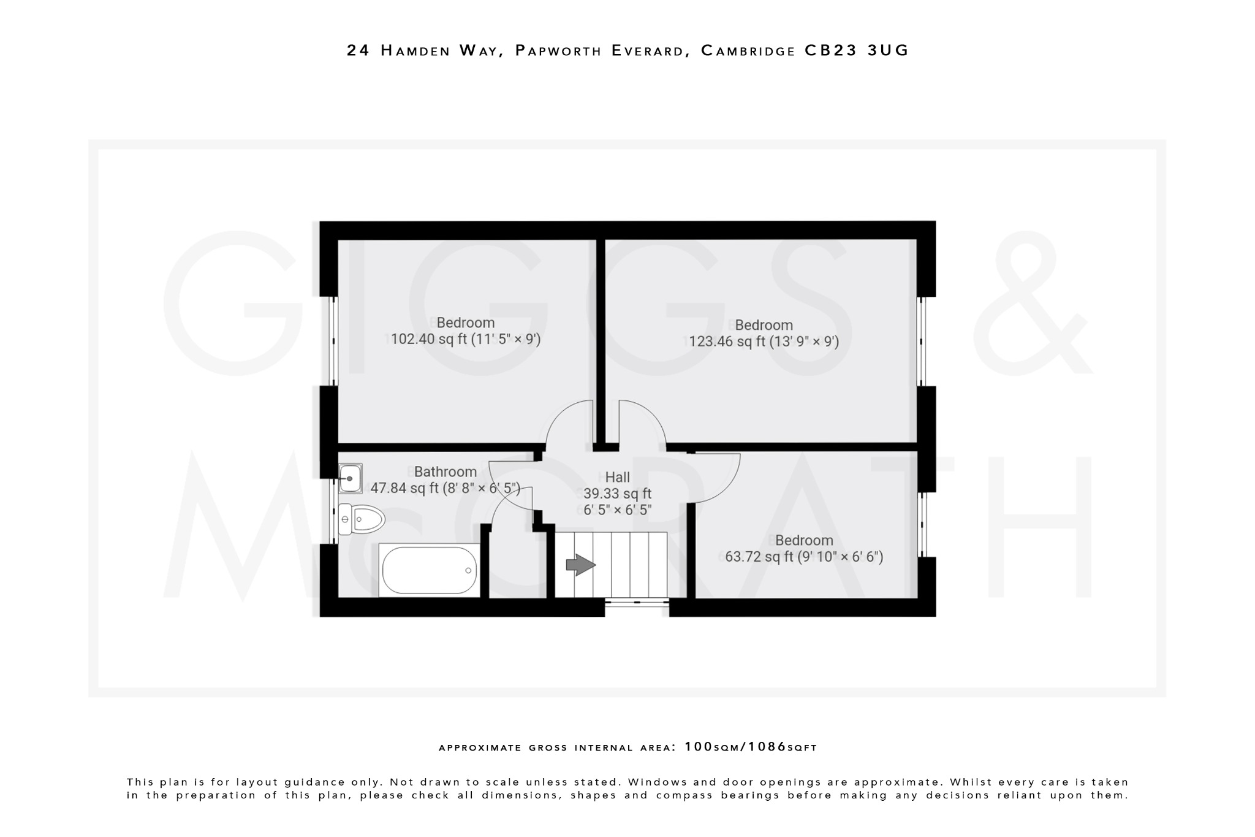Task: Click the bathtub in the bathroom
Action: [x=429, y=570]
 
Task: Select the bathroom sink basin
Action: [x=350, y=478]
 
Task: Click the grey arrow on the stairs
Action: [x=580, y=565]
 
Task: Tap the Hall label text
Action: [x=617, y=478]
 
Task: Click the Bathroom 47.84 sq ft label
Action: [x=446, y=480]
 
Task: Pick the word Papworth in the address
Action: [x=558, y=50]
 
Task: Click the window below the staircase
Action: [x=637, y=603]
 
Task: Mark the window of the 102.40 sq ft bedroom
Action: [x=334, y=342]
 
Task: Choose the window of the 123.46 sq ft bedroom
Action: [x=921, y=342]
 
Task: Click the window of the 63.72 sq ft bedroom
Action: [x=921, y=524]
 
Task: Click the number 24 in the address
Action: [x=358, y=50]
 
